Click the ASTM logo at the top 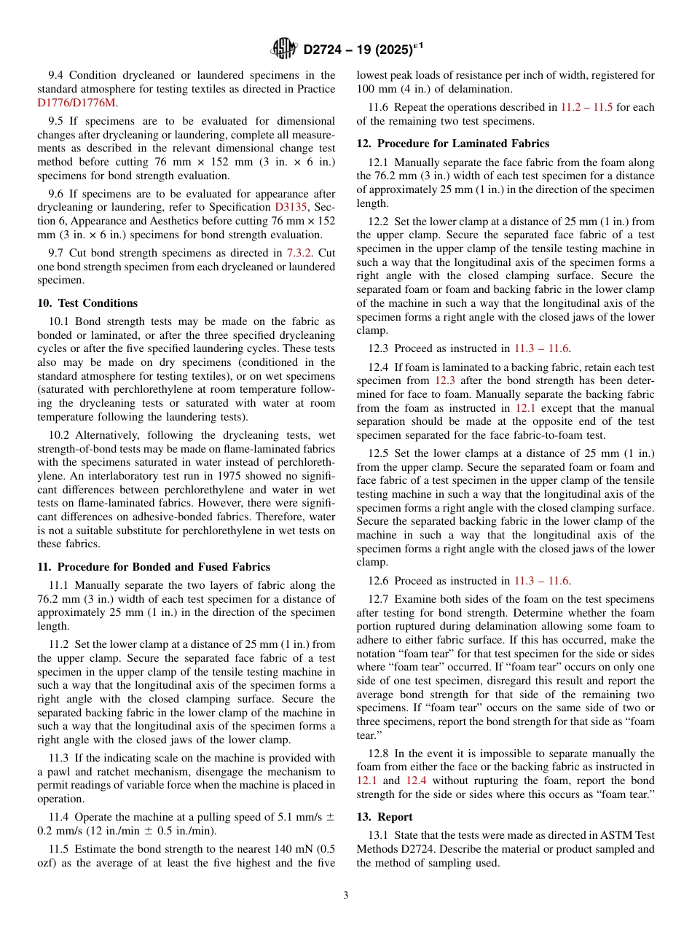pyautogui.click(x=283, y=49)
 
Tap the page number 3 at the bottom pyautogui.click(x=346, y=896)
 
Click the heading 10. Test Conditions pyautogui.click(x=87, y=303)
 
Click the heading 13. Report pyautogui.click(x=385, y=817)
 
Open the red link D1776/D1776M pyautogui.click(x=76, y=103)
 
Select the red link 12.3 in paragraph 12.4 pyautogui.click(x=445, y=380)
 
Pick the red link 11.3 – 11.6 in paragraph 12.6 pyautogui.click(x=541, y=581)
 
